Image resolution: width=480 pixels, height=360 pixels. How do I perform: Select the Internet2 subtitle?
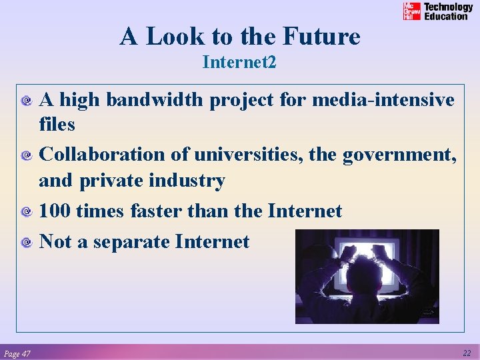[239, 63]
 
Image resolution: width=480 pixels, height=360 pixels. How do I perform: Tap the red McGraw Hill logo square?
[412, 11]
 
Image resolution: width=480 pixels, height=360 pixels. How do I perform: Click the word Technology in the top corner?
[449, 7]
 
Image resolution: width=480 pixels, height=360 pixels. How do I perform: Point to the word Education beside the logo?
[446, 16]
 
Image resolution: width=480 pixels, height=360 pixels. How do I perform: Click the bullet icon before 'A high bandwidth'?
[27, 101]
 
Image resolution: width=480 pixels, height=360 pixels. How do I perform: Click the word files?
[57, 124]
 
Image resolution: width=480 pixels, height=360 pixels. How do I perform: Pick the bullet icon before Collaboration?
[27, 156]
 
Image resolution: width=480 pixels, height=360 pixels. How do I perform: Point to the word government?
[399, 155]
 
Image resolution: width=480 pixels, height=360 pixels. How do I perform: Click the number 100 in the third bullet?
[55, 211]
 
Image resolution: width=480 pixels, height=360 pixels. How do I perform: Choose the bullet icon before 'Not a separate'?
[27, 243]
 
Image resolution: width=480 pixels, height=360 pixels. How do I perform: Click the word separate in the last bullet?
[131, 241]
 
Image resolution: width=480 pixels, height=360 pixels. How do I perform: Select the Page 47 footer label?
[17, 353]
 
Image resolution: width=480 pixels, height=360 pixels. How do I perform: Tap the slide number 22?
[466, 353]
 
